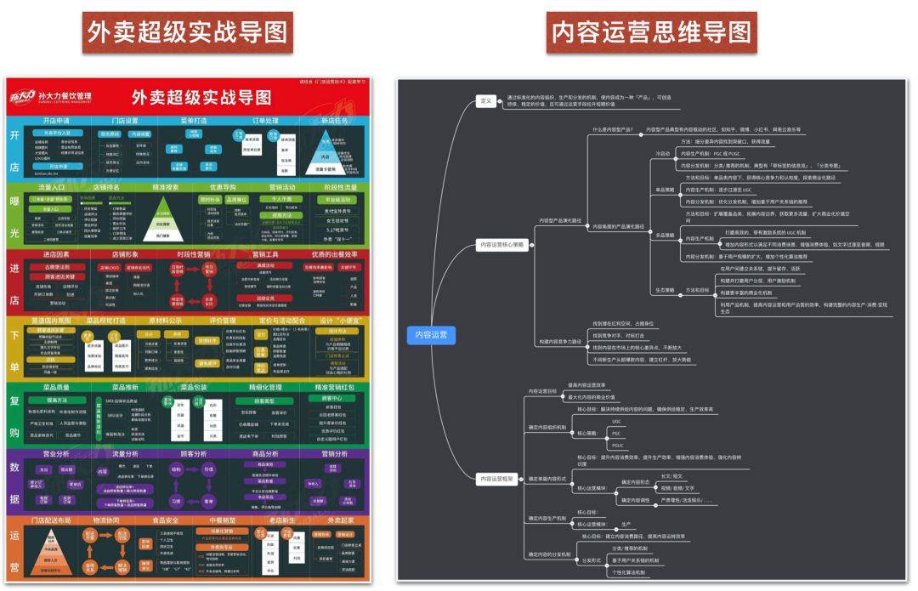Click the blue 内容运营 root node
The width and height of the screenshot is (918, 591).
coord(431,334)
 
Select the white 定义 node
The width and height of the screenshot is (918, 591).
coord(486,101)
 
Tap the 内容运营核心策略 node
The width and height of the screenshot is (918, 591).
coord(503,245)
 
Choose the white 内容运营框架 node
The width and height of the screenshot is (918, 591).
coord(499,479)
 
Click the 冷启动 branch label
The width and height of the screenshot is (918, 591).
coord(662,154)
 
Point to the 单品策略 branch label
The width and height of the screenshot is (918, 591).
coord(664,190)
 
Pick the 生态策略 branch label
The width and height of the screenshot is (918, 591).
coord(664,290)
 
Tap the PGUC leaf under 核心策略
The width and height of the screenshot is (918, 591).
coord(618,445)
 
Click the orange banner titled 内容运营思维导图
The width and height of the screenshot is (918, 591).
coord(651,32)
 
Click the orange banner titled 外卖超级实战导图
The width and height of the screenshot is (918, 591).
coord(189,32)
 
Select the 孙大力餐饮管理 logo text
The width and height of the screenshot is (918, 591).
coord(65,94)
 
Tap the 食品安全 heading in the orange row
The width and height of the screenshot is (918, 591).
coord(166,520)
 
